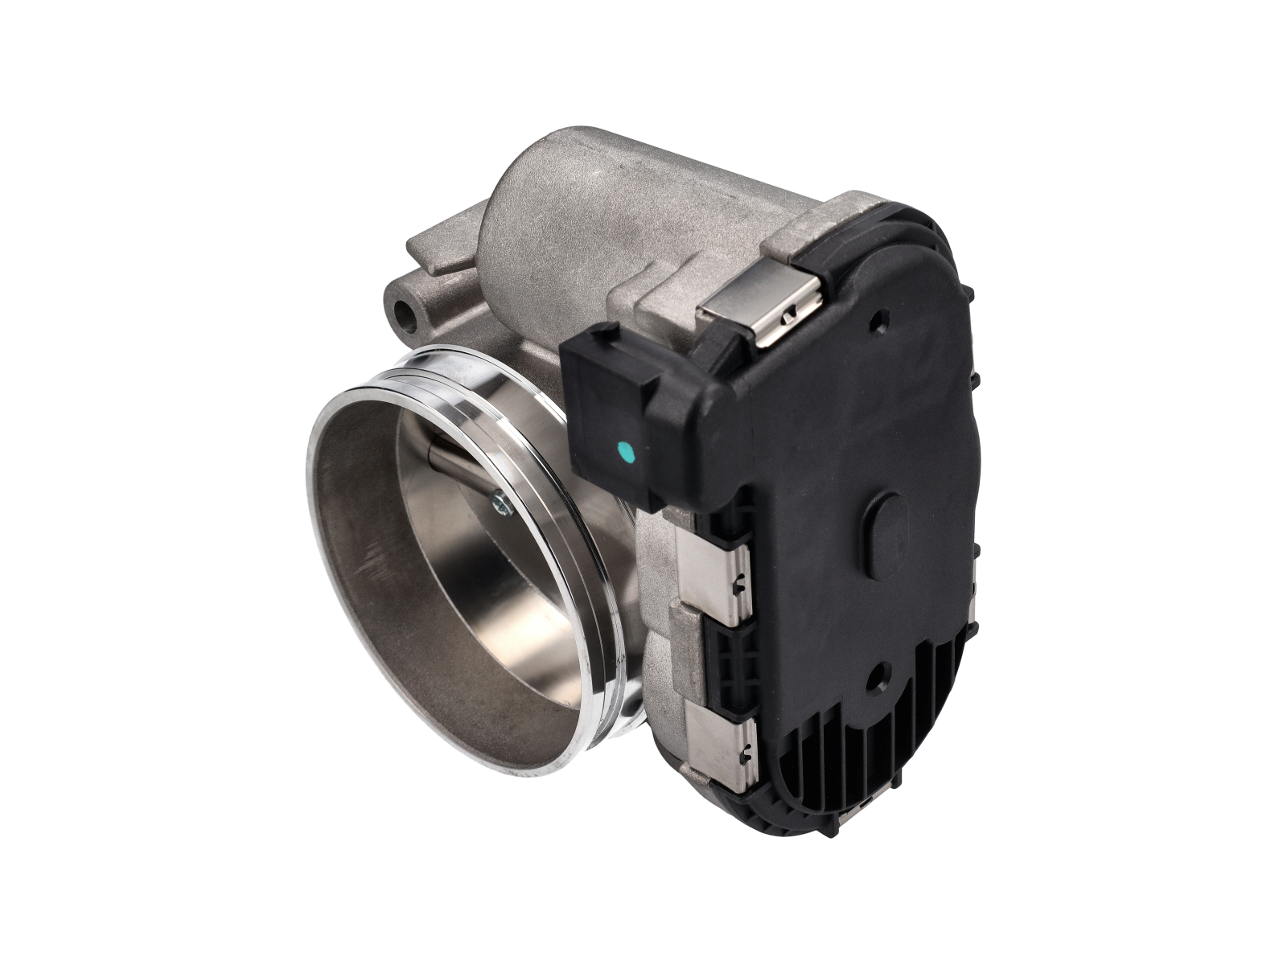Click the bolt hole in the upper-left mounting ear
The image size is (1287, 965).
405,317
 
